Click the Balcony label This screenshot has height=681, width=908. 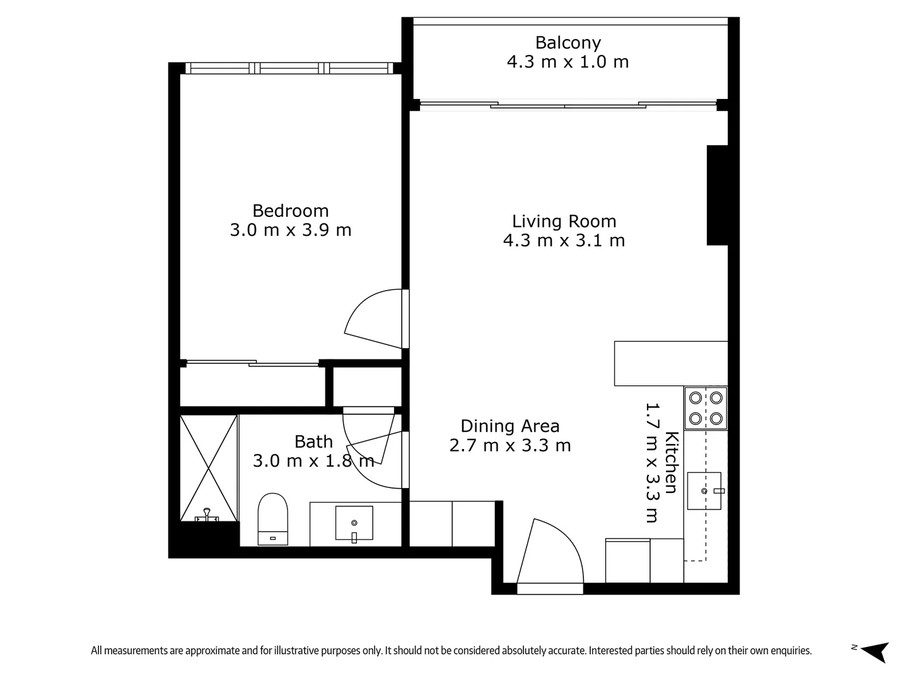coord(567,43)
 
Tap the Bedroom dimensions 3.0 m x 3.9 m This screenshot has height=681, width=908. coord(291,230)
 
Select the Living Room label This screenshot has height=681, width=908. coord(564,221)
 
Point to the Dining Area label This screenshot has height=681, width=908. coord(509,426)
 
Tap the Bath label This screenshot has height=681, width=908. coord(313,441)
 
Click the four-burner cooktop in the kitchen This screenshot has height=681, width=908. coord(706,408)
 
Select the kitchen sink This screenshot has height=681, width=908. coord(704,490)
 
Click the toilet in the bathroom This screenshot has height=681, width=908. coord(273,518)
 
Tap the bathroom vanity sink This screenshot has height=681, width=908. coord(354,523)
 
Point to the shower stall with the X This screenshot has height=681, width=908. coord(209,467)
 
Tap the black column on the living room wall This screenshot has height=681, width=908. coord(717,195)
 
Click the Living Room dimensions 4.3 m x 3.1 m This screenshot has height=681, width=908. coord(564,241)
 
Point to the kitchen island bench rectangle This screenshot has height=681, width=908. coord(670,363)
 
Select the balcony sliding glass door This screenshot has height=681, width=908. coord(567,105)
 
